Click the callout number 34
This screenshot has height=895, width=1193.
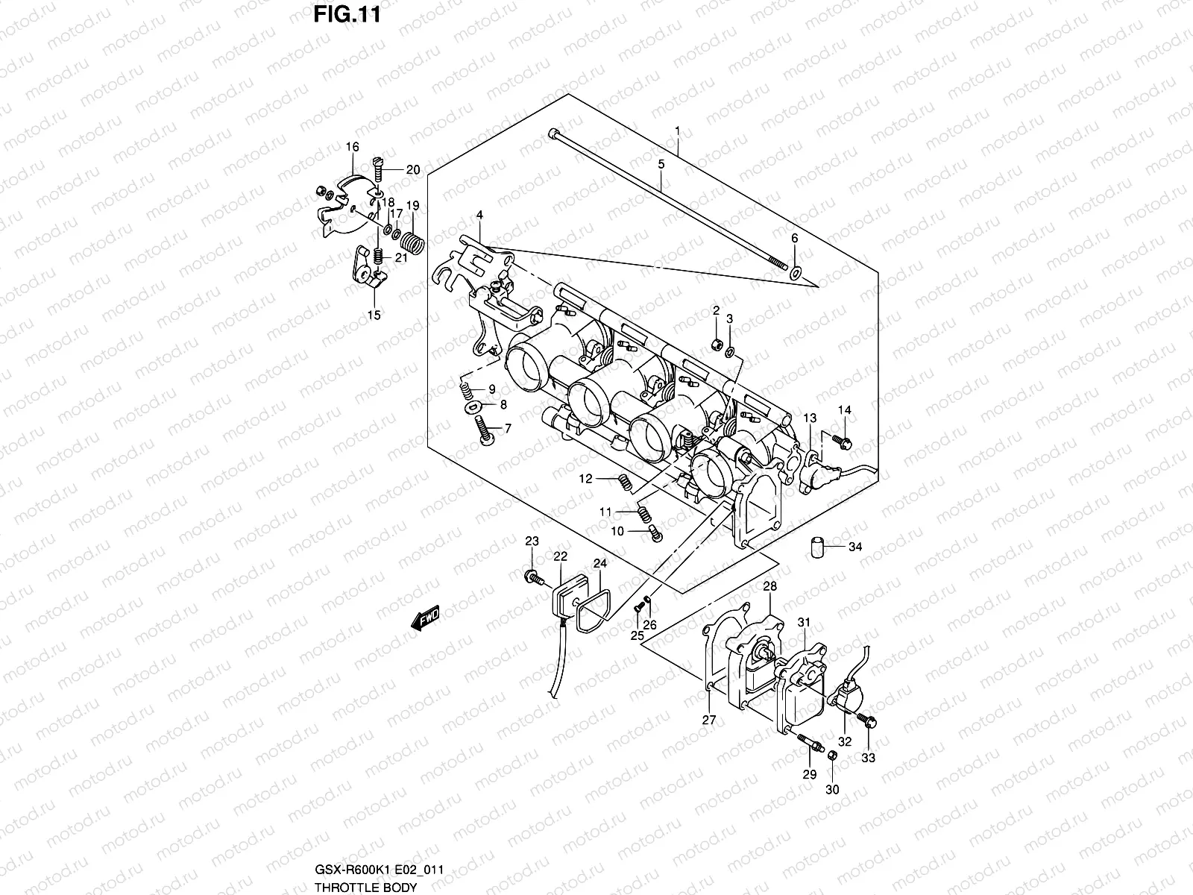pos(855,547)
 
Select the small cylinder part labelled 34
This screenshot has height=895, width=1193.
pos(819,546)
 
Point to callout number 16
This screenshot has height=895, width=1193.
pos(353,148)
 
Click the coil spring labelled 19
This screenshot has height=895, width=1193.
pos(412,242)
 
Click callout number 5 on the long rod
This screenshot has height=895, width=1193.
pos(661,163)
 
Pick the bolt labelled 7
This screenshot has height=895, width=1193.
pos(482,433)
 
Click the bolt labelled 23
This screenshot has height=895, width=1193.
pos(532,575)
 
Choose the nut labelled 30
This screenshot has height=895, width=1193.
pos(833,755)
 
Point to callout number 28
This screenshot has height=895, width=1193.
pos(769,588)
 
